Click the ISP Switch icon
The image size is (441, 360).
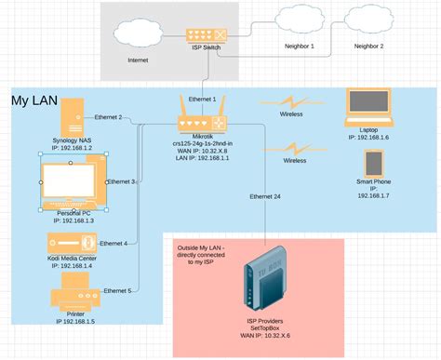[204, 34]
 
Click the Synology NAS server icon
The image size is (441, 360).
[70, 119]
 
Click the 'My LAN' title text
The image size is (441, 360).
[33, 100]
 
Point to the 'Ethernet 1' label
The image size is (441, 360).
[202, 98]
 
